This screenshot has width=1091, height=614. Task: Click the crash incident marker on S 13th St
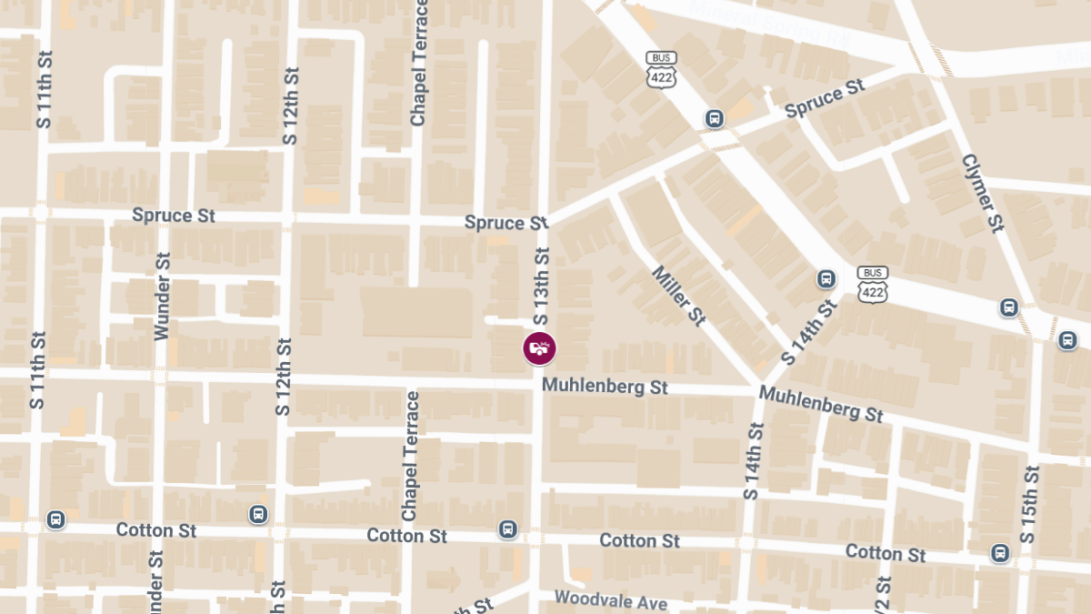[538, 347]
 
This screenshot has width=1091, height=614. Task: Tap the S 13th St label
[542, 286]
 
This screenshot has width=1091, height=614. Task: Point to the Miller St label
[678, 296]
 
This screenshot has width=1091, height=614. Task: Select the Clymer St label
[982, 192]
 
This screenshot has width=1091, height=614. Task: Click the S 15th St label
[1029, 504]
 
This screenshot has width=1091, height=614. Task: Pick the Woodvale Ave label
[610, 600]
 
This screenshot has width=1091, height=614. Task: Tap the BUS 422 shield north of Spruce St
[661, 70]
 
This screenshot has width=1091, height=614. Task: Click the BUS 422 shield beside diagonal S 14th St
[872, 285]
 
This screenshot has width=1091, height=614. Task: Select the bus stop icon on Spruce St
[715, 118]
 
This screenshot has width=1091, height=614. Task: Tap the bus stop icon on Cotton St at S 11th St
[55, 519]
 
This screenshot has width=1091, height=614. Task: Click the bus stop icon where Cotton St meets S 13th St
[507, 528]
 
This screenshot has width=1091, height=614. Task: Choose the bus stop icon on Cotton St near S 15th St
[1000, 552]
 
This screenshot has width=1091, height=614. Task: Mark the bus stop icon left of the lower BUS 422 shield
[826, 279]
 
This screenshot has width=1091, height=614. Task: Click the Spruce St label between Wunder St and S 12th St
[174, 216]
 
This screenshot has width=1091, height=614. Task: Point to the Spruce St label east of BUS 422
[824, 98]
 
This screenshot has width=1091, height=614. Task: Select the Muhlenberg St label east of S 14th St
[821, 403]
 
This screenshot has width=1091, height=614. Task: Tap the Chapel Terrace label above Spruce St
[418, 63]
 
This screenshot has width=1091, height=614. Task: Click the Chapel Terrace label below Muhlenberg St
[411, 457]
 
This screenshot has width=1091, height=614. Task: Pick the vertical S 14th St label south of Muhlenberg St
[751, 461]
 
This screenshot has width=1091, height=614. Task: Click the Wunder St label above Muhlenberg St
[163, 297]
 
